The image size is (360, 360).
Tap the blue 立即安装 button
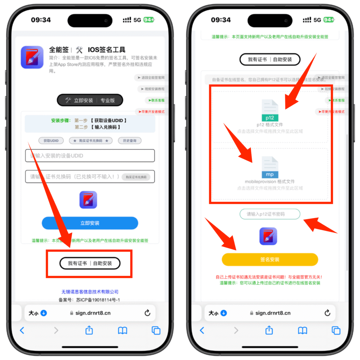pos(90,223)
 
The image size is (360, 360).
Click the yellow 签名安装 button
pos(270,259)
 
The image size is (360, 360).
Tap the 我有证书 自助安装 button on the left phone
pos(90,263)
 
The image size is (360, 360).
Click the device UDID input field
pos(90,156)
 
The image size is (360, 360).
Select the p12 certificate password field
pos(270,214)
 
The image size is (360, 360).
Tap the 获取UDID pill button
pos(51,141)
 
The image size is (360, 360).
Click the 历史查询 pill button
pos(130,141)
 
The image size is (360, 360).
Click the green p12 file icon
pos(270,111)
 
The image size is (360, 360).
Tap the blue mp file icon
pos(270,168)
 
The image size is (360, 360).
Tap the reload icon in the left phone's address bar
pos(147,313)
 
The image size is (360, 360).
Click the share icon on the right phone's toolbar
pos(269,330)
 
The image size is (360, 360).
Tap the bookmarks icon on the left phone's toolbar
pos(122,330)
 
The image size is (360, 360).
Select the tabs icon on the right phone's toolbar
pos(336,330)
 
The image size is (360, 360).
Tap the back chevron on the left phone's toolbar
pos(22,330)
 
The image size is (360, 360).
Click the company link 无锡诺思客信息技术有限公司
pos(90,292)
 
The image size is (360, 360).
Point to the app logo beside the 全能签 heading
pos(32,57)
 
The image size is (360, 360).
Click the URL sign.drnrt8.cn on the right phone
pos(273,313)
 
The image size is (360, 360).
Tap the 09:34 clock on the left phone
pos(41,20)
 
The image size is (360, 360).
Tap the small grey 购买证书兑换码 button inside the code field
pos(136,177)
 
